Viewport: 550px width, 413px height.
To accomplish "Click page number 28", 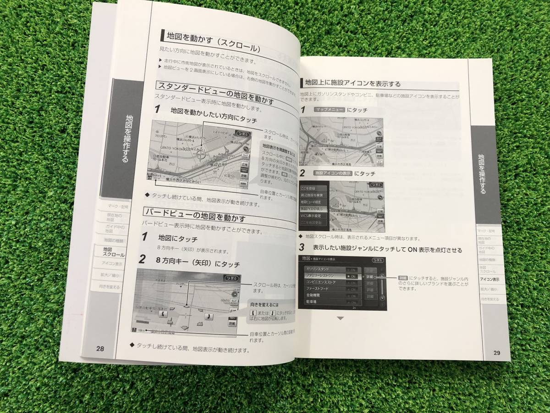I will (100, 348).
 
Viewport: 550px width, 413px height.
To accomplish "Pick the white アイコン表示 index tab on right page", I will (490, 279).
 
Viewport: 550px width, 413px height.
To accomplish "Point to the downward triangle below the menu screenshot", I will (340, 318).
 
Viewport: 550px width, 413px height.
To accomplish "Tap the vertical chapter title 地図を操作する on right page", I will (482, 174).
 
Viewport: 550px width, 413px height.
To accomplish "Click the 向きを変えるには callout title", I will (265, 305).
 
